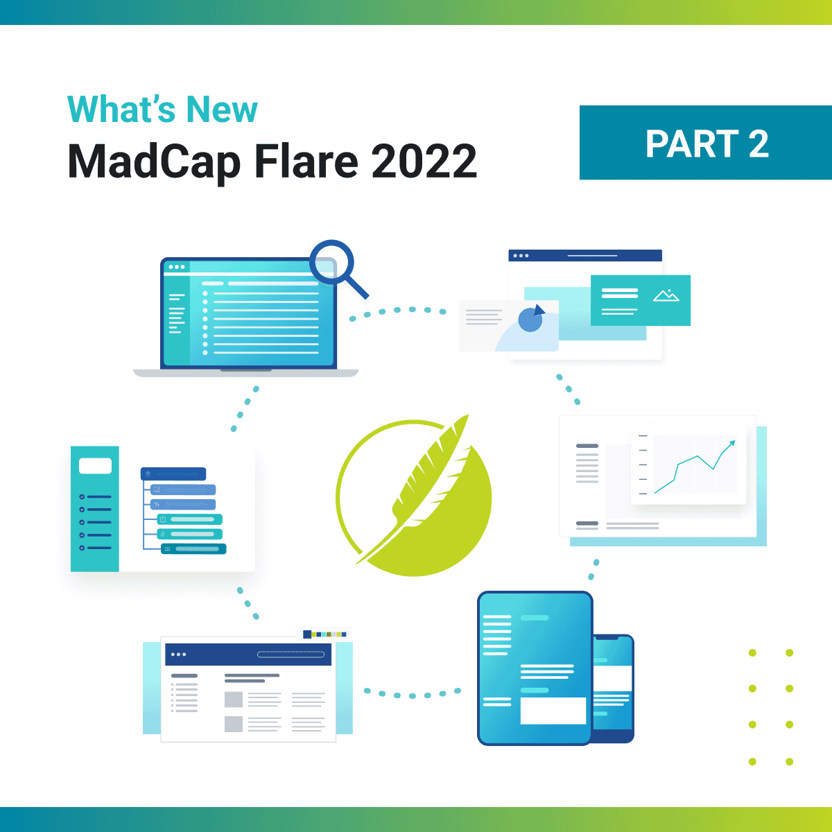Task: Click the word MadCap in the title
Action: [154, 162]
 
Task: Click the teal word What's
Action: [119, 110]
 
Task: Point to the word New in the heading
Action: [222, 110]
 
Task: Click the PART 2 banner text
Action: [707, 144]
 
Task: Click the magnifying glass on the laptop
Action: [332, 263]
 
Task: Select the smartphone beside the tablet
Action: [614, 686]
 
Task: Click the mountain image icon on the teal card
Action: [666, 295]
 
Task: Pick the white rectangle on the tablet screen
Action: [553, 711]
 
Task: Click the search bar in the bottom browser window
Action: [291, 654]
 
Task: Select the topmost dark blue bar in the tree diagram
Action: [173, 474]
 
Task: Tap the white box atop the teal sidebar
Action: [95, 466]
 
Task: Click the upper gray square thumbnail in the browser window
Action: [234, 699]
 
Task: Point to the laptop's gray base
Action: [245, 373]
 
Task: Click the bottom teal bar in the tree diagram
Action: [193, 549]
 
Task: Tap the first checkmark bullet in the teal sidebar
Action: [82, 497]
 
